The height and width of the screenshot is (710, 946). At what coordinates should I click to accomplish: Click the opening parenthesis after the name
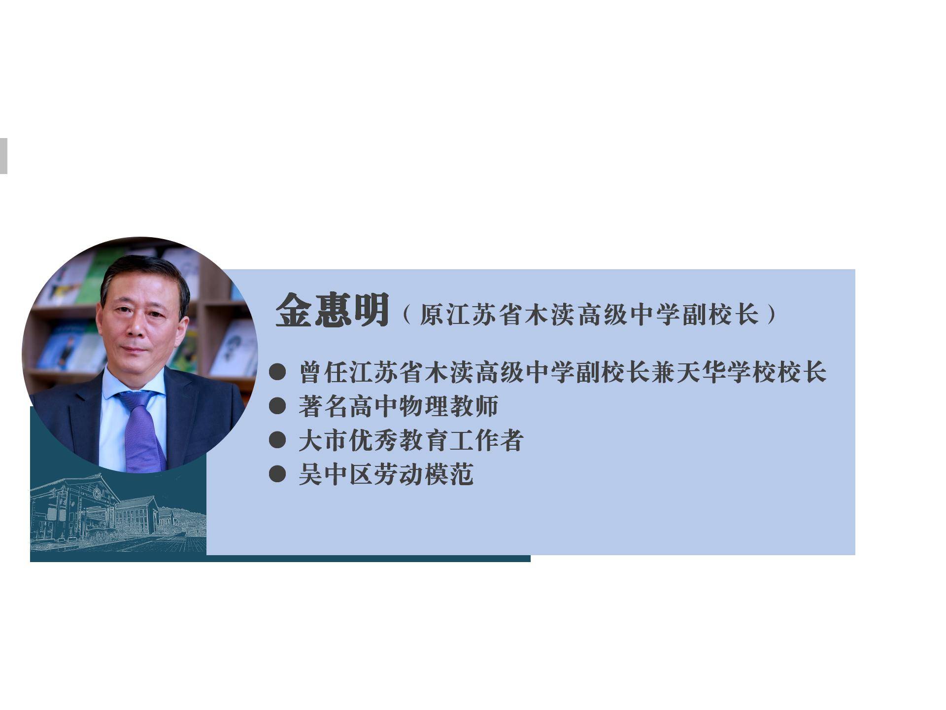(407, 315)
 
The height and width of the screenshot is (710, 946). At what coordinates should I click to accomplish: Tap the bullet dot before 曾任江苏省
(277, 372)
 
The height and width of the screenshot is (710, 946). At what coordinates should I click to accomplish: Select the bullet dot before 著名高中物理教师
(277, 406)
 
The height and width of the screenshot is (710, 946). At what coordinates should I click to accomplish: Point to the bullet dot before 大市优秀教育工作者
(277, 440)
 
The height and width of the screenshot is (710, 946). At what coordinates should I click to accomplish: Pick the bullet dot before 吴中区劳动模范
(277, 474)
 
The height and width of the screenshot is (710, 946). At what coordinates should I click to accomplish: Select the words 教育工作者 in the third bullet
(461, 440)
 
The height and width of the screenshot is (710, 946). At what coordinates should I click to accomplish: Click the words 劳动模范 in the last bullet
(423, 474)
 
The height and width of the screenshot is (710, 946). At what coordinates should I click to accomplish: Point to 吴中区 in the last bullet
(336, 474)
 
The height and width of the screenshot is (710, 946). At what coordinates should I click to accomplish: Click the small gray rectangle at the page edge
(3, 156)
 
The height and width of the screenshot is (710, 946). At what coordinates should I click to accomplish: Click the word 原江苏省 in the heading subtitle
(471, 315)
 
